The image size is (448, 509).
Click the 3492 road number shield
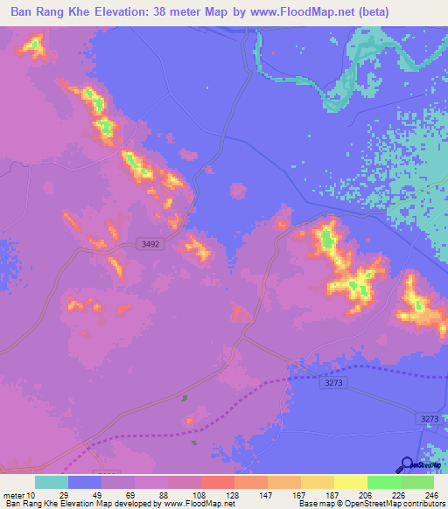[150, 245]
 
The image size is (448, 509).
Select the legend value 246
[429, 494]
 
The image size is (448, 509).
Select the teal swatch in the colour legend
[52, 482]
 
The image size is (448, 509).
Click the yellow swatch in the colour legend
[351, 482]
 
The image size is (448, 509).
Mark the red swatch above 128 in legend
[218, 482]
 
